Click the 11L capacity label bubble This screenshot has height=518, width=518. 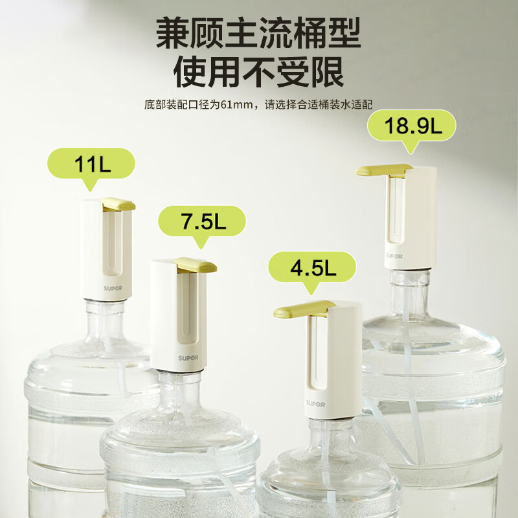93,164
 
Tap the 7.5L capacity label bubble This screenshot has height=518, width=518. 202,221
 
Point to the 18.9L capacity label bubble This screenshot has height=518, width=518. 412,126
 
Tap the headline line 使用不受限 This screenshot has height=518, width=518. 258,72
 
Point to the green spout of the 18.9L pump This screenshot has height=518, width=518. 382,170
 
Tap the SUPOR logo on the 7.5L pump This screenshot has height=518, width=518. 188,357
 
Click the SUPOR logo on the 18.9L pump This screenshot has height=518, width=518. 394,256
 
